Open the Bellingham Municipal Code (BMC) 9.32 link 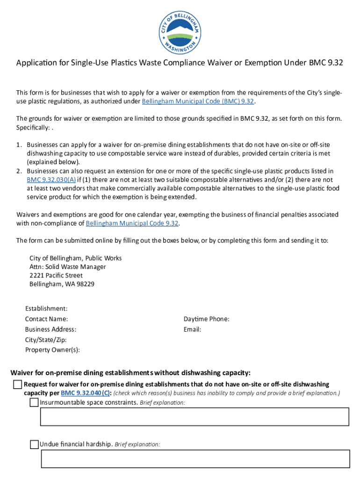199,102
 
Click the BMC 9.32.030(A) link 51,180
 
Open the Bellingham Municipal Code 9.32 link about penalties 132,223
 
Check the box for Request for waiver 17,385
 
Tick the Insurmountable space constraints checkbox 34,402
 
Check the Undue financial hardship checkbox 34,444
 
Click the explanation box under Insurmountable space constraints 194,416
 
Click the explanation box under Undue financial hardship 195,459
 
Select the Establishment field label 46,309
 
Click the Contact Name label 46,319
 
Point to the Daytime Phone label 206,319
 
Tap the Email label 193,329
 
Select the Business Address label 50,329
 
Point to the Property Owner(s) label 52,350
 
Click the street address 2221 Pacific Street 56,276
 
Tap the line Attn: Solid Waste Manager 68,267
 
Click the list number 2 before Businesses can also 19,171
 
